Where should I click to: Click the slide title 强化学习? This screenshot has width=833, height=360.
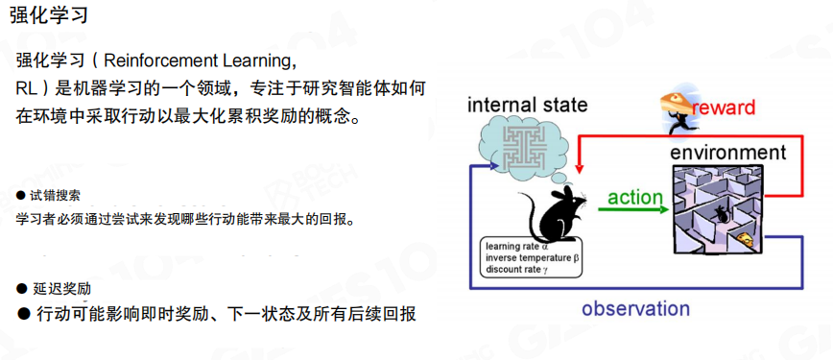48,15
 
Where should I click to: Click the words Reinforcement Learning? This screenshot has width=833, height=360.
198,61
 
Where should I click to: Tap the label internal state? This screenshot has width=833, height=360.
527,105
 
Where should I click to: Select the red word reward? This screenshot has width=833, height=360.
724,108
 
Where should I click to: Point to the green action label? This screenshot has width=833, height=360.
635,198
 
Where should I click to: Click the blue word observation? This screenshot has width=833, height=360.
635,308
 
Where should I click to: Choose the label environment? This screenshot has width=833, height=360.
727,153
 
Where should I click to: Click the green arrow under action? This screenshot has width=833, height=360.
633,209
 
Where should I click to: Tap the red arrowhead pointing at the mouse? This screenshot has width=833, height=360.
580,166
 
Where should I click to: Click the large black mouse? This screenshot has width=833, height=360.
553,213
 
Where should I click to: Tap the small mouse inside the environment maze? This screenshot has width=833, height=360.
721,214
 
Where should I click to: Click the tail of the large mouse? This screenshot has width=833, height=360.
528,213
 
